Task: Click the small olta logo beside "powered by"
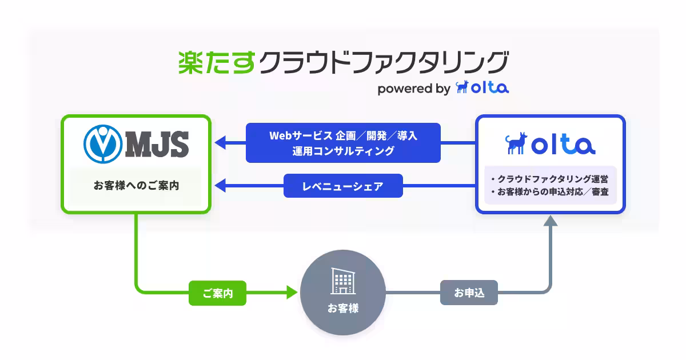tap(482, 87)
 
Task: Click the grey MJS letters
tap(157, 143)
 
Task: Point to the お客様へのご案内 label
tap(136, 186)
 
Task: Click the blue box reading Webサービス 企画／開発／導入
tap(343, 143)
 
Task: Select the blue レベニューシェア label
tap(343, 186)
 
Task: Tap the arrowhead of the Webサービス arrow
tap(220, 143)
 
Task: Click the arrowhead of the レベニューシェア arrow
tap(220, 186)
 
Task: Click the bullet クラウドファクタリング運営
tap(549, 179)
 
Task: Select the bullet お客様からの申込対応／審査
tap(549, 193)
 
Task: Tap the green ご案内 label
tap(217, 294)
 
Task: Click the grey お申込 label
tap(469, 293)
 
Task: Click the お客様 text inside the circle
tap(343, 309)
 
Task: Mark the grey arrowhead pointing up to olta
tap(550, 221)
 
